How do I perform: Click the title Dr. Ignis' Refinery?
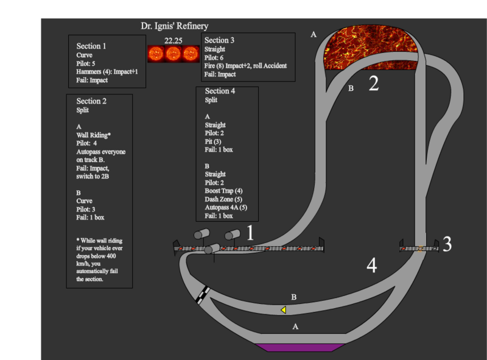click(174, 26)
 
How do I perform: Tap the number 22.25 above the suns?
click(173, 41)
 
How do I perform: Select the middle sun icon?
click(173, 54)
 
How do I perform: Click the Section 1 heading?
click(91, 46)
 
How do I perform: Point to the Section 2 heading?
click(91, 101)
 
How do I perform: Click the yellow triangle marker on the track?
click(283, 310)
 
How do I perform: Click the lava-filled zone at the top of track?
click(371, 48)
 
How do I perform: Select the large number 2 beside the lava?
click(374, 83)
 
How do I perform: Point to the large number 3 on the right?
click(447, 244)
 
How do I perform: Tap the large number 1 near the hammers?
click(249, 233)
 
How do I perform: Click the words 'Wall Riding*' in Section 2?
click(93, 135)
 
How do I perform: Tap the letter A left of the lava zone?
click(314, 35)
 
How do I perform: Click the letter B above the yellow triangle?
click(294, 297)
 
